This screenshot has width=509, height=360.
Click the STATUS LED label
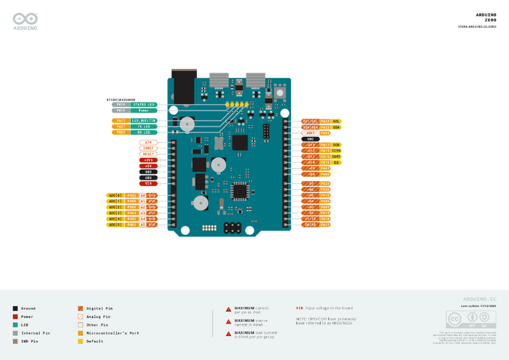145,105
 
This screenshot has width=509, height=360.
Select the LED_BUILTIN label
145,120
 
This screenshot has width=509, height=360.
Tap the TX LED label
145,127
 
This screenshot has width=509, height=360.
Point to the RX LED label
145,132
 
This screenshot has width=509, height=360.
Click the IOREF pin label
148,148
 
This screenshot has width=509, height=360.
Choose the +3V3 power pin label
148,160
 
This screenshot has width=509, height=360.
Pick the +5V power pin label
148,166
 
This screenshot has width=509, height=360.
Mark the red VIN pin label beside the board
148,183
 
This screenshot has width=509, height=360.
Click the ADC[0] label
115,195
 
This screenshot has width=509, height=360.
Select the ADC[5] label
115,225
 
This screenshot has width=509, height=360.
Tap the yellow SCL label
337,121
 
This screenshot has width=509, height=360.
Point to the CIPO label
337,151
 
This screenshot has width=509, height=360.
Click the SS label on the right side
337,162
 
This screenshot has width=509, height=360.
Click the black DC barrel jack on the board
184,87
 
